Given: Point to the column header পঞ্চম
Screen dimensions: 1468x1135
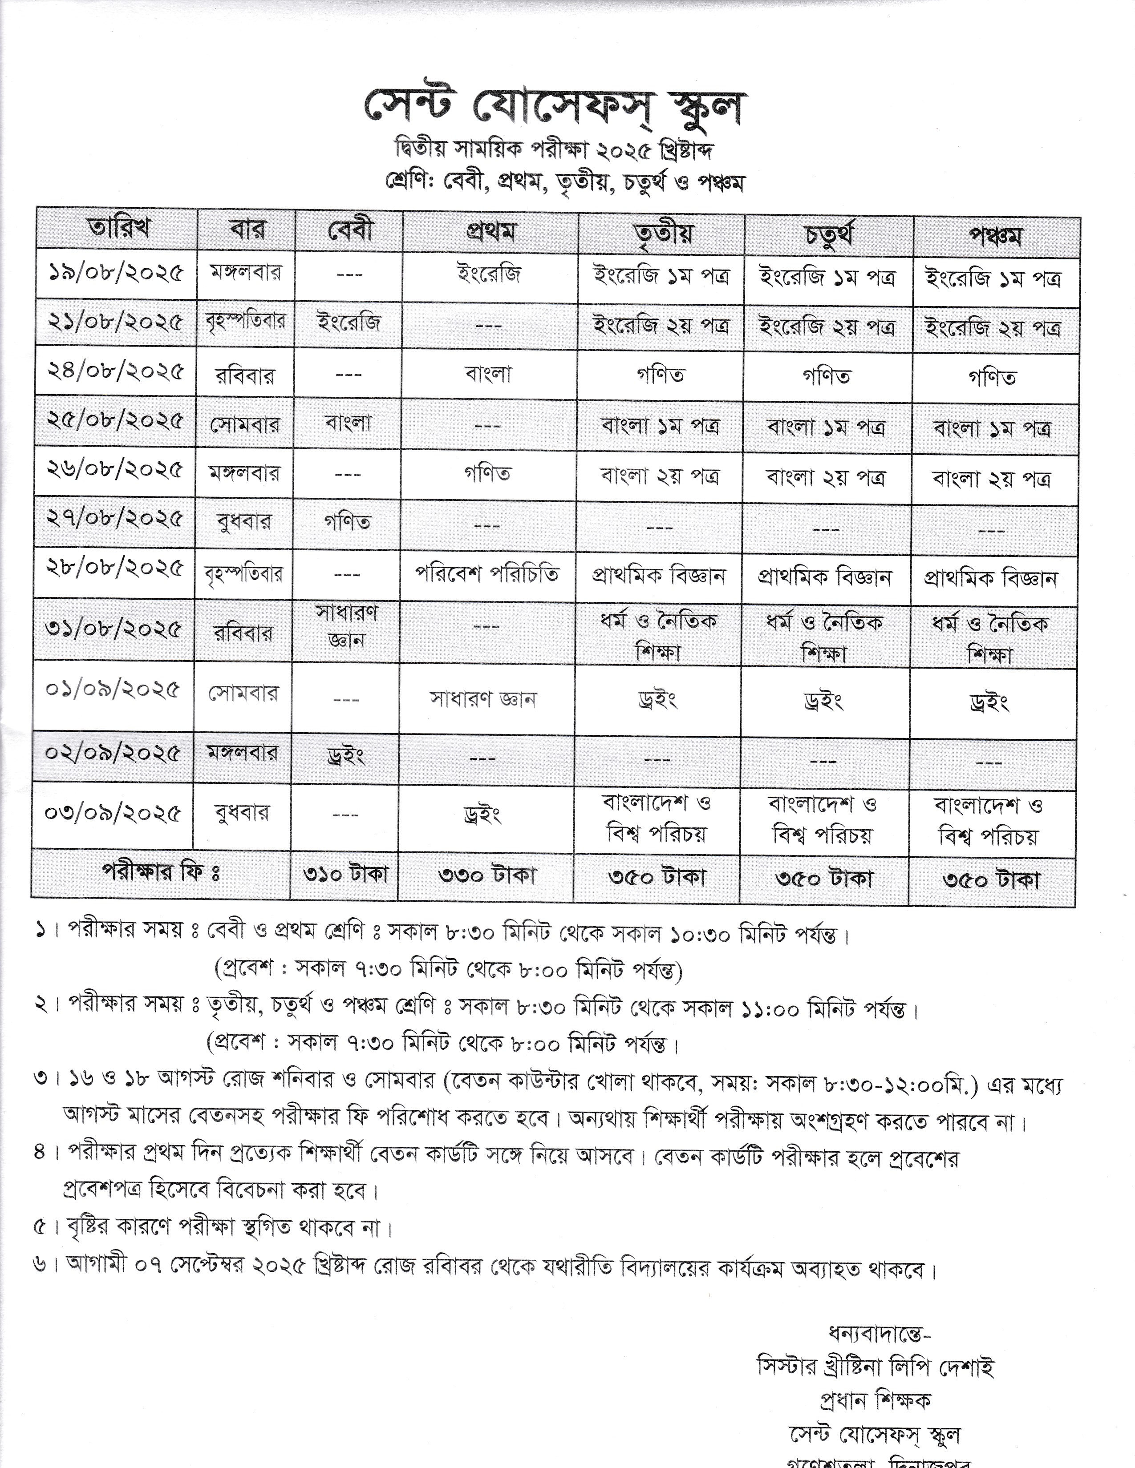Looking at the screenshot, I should coord(995,237).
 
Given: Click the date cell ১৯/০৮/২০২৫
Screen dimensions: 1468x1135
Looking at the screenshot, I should coord(116,274).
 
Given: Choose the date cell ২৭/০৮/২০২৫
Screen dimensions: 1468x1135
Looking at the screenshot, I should coord(114,519).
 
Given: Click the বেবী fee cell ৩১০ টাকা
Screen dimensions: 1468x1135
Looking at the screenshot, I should coord(345,874).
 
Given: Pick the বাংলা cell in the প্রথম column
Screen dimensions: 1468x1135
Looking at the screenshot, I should coord(488,374).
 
